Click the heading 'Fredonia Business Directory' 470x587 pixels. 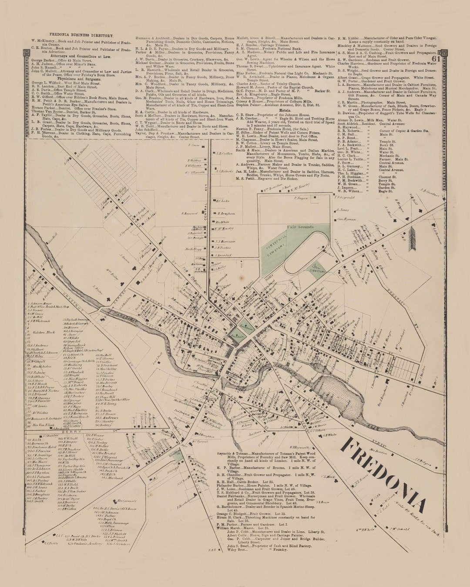pos(81,35)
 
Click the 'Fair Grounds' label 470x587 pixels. pos(300,227)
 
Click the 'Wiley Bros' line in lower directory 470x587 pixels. pos(237,550)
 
